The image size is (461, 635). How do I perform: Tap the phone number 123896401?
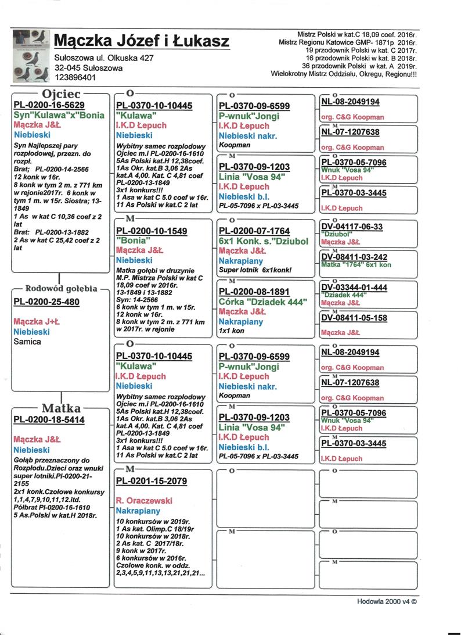tap(75, 77)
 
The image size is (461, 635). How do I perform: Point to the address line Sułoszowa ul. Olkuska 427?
tap(104, 58)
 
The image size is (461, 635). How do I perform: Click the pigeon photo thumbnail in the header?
tap(30, 57)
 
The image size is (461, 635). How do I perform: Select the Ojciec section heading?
tap(61, 94)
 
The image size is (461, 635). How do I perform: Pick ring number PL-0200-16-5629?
tap(49, 105)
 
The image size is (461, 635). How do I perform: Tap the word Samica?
tap(27, 342)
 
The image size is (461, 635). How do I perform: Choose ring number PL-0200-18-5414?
tap(49, 419)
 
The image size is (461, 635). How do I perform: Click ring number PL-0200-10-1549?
tap(152, 231)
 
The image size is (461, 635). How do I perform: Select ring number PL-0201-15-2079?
tap(152, 480)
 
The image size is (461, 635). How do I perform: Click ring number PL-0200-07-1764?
tap(254, 232)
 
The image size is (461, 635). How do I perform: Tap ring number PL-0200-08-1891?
tap(254, 295)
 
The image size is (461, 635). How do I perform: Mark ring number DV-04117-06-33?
tap(352, 227)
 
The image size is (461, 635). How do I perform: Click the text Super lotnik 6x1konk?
tap(254, 271)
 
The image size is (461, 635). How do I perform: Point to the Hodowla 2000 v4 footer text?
tap(387, 602)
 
